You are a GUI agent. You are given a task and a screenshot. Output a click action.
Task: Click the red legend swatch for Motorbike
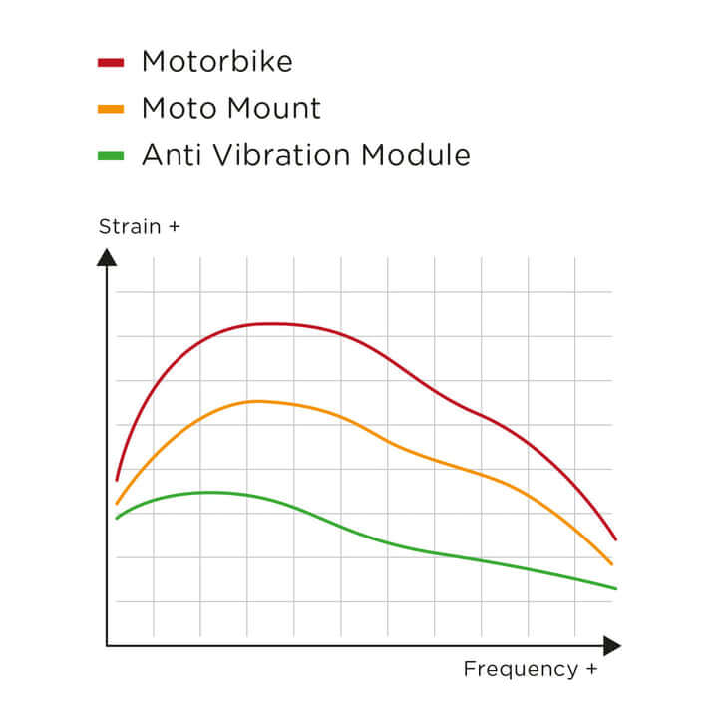[110, 62]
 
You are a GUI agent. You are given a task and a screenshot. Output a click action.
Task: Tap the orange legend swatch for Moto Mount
[110, 108]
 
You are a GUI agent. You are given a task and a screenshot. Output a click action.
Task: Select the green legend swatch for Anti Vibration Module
[110, 155]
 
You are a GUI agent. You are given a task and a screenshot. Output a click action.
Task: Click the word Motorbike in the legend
[217, 62]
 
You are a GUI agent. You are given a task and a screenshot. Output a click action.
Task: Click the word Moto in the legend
[177, 108]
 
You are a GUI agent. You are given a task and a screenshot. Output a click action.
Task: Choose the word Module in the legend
[416, 155]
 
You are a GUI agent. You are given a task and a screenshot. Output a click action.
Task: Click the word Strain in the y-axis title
[130, 227]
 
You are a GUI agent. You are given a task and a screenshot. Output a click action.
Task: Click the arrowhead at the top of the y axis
[107, 257]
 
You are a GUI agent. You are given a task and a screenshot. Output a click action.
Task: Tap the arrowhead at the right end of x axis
[611, 646]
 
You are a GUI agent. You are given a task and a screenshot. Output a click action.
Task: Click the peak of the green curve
[211, 492]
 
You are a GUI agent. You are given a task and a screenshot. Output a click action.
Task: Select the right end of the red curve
[615, 539]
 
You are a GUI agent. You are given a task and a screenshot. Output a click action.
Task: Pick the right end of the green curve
[615, 588]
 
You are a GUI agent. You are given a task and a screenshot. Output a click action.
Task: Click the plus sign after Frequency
[591, 669]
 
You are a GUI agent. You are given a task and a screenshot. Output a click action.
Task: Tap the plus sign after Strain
[175, 227]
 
